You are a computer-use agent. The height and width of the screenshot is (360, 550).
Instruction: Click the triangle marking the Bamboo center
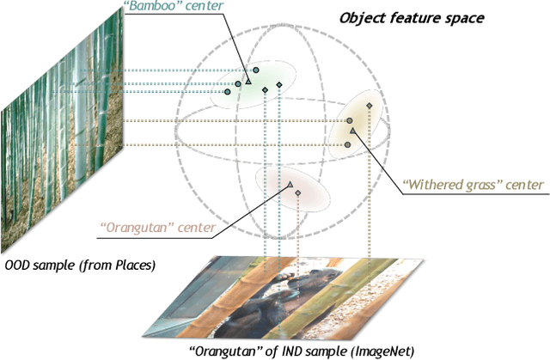click(x=248, y=82)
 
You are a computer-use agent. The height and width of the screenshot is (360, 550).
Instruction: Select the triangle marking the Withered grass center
click(x=352, y=130)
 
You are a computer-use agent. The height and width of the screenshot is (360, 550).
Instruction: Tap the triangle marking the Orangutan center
click(x=290, y=185)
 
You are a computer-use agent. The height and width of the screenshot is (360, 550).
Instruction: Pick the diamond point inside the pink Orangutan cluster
click(x=298, y=194)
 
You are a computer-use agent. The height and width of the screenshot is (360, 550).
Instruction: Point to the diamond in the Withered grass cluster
click(x=370, y=105)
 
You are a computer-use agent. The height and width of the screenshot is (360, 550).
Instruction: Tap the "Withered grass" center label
click(x=472, y=185)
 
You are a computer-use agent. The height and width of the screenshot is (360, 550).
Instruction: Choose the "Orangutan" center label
click(x=152, y=228)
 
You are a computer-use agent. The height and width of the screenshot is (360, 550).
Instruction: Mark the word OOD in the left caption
click(x=18, y=265)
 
